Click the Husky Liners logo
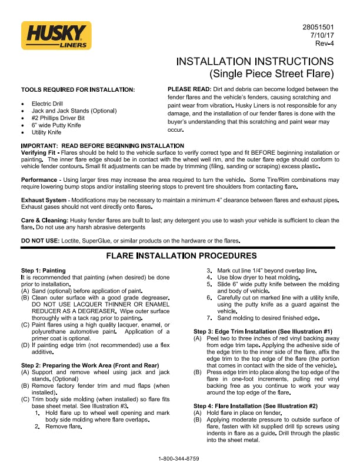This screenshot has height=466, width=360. (x=56, y=36)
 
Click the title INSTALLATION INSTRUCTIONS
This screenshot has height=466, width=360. (x=255, y=62)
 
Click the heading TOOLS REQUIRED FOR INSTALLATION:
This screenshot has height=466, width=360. (x=78, y=89)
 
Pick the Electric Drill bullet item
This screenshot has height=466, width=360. (x=52, y=103)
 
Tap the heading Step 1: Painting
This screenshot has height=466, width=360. (x=43, y=270)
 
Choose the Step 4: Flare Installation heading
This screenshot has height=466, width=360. (x=255, y=405)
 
